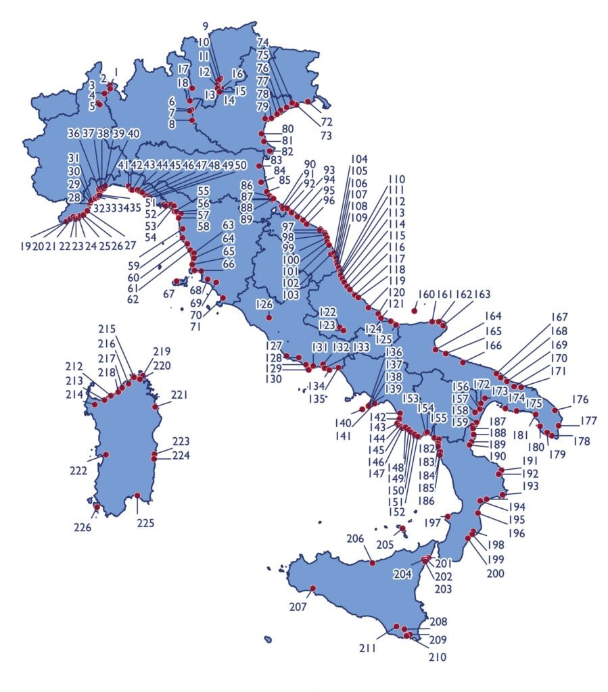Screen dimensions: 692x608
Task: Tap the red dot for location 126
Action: pos(269,317)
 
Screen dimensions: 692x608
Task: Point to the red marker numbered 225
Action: pos(138,495)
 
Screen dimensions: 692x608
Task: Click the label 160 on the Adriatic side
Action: pos(425,295)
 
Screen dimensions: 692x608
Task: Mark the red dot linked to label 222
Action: pos(106,455)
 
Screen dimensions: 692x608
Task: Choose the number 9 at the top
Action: pos(206,26)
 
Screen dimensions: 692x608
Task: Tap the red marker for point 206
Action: pos(372,562)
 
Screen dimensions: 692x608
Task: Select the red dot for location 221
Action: pos(156,407)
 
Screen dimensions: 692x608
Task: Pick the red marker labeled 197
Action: pos(447,517)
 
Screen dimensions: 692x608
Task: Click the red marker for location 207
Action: pos(312,588)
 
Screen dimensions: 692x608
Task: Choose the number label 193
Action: pos(530,487)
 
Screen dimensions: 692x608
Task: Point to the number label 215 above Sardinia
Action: pos(107,330)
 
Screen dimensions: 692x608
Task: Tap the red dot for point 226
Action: pos(97,506)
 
